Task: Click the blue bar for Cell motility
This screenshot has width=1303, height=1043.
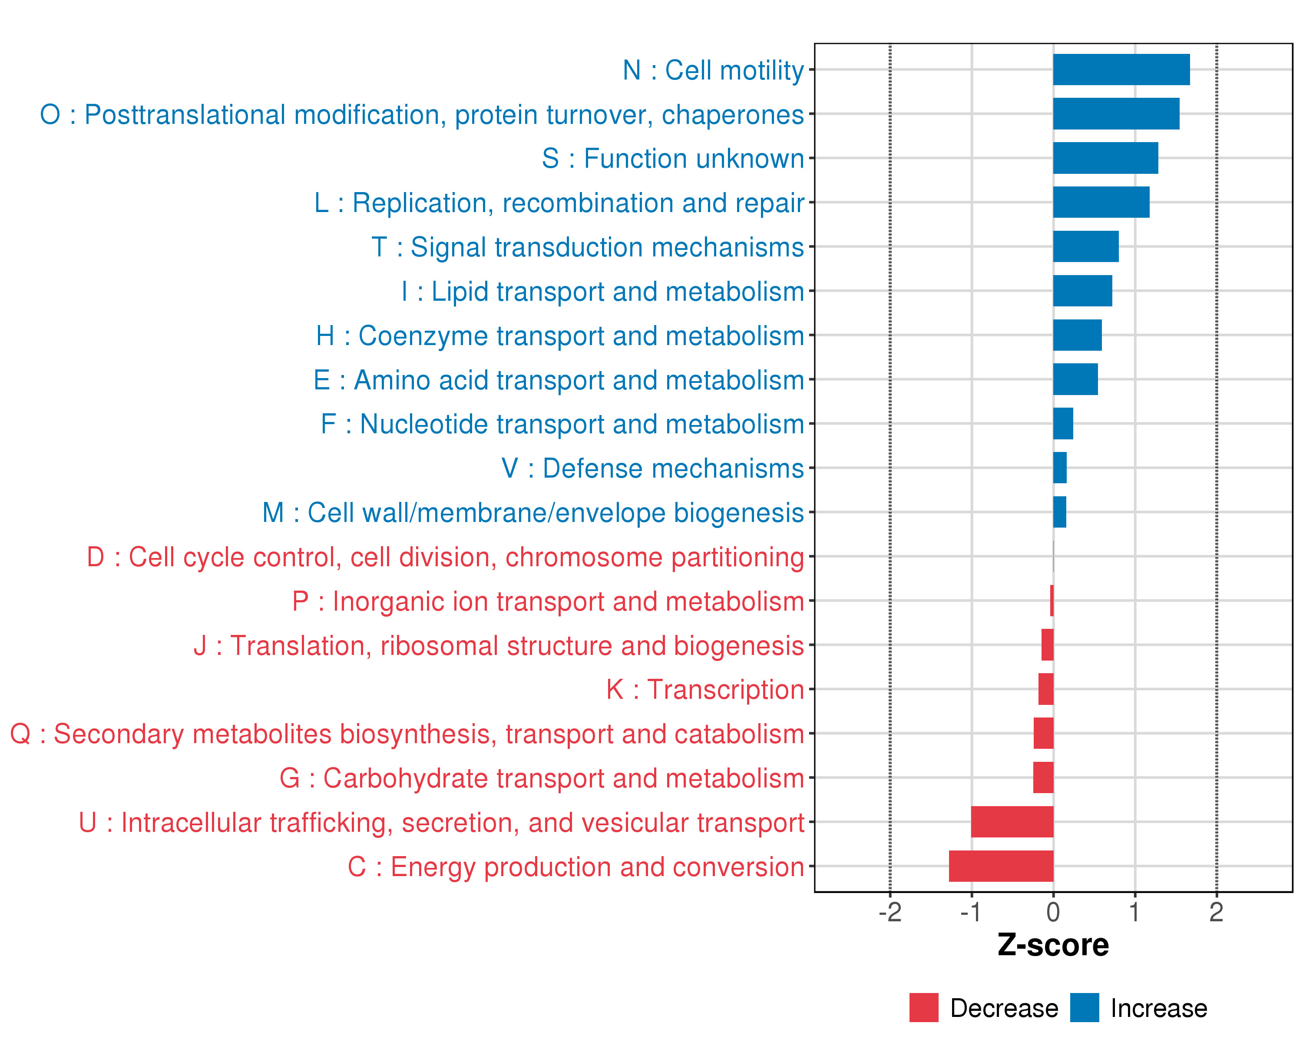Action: pos(1121,70)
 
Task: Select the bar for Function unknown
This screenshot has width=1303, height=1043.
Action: pos(1105,158)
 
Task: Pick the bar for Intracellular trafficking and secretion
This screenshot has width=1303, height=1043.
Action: pos(1012,822)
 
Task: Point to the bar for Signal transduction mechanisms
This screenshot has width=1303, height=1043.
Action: pos(1085,246)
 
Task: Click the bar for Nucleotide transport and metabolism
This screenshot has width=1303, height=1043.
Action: pos(1063,423)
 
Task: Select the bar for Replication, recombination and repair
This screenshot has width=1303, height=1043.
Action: pos(1101,202)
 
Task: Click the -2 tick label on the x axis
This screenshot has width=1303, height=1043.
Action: pos(890,912)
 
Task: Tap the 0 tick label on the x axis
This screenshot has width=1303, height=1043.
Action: pos(1053,912)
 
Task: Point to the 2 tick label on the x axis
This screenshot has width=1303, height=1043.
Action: pos(1216,912)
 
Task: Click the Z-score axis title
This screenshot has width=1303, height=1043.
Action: pos(1053,945)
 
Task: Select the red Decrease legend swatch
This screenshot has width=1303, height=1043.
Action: pos(923,1007)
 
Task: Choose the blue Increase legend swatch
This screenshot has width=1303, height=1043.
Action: pos(1084,1007)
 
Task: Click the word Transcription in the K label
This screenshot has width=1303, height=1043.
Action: pos(725,690)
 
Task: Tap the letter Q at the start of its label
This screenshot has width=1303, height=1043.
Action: pos(20,734)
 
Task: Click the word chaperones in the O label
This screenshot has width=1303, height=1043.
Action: pos(732,115)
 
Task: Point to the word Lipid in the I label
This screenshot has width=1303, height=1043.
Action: pos(463,292)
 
